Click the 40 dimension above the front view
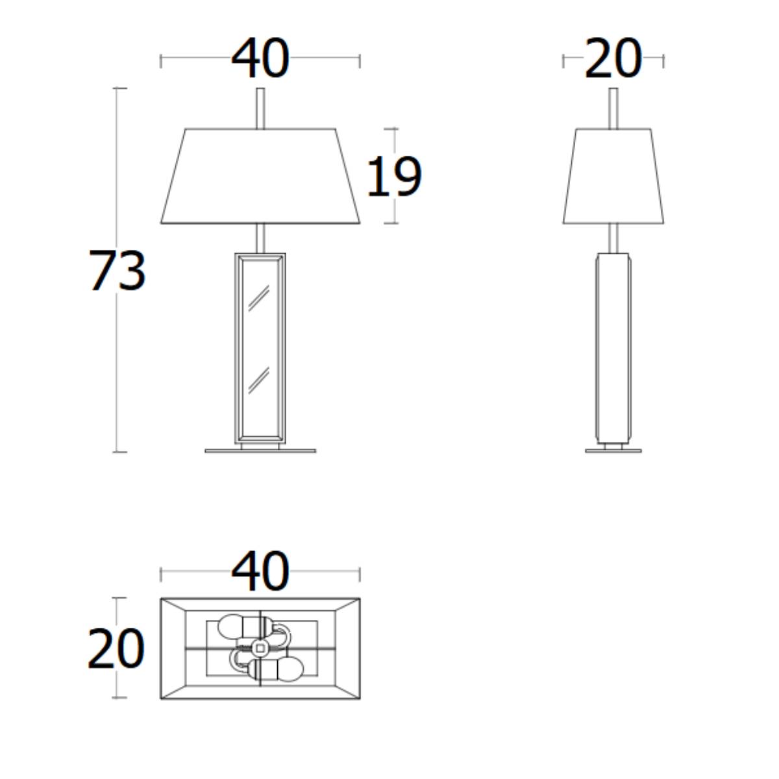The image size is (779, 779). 260,58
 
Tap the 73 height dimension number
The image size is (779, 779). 117,270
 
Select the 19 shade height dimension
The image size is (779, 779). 394,177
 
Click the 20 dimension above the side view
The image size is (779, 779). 613,58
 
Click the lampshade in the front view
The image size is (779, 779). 260,177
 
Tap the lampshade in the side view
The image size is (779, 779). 613,177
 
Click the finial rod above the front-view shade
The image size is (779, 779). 261,108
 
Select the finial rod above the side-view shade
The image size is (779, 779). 613,108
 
